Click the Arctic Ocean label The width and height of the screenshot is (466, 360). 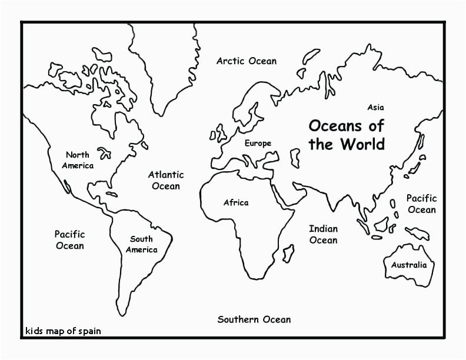pos(246,61)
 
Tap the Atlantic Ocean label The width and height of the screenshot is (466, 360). pos(165,180)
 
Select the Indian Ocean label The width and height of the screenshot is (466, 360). pos(323,234)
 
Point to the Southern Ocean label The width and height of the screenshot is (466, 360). pos(254,319)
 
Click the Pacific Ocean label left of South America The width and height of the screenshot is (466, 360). pos(69,240)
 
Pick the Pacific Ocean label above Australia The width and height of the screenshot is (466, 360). pos(421,204)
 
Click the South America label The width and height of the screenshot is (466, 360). pos(141,244)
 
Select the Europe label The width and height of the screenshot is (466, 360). pos(258,143)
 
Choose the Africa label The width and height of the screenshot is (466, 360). pos(235,202)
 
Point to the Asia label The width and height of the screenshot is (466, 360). pos(375,107)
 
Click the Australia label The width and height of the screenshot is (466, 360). pos(409,265)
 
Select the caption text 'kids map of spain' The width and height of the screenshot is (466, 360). pos(63,331)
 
